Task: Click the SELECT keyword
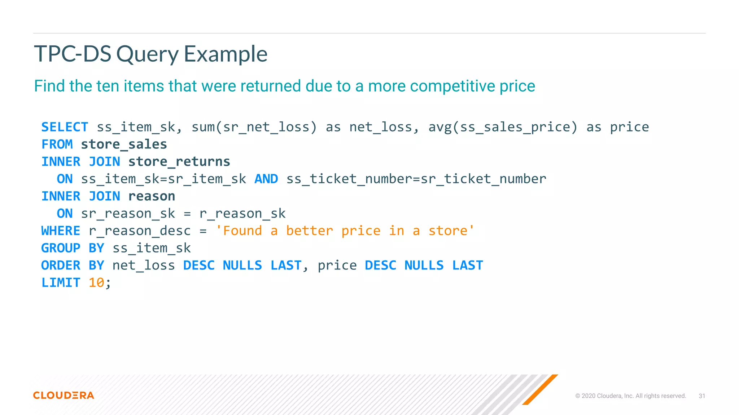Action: [65, 127]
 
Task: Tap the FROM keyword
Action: [57, 144]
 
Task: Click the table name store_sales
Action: [124, 144]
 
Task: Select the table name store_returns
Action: [179, 162]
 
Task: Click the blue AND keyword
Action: [266, 179]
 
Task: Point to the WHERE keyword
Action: [61, 231]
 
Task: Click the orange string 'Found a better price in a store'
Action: [345, 231]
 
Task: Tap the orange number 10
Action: [96, 283]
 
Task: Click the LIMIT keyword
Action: [61, 283]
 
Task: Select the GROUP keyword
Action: [61, 248]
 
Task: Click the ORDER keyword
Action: [61, 265]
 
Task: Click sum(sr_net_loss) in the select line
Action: [254, 127]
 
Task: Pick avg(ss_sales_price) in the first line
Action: [503, 127]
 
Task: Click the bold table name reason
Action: [152, 196]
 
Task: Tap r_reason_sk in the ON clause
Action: [242, 214]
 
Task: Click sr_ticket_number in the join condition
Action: [484, 179]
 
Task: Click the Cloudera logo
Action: [64, 395]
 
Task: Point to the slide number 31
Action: [702, 396]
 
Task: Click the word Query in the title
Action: [147, 54]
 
